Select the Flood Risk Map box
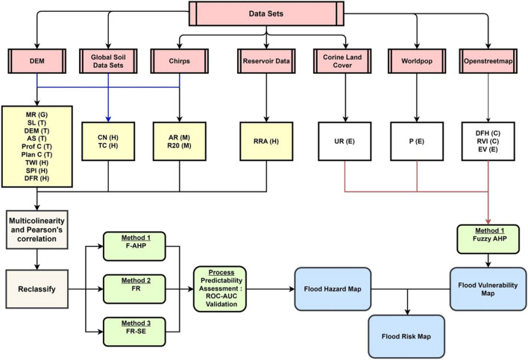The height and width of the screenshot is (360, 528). [406, 334]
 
